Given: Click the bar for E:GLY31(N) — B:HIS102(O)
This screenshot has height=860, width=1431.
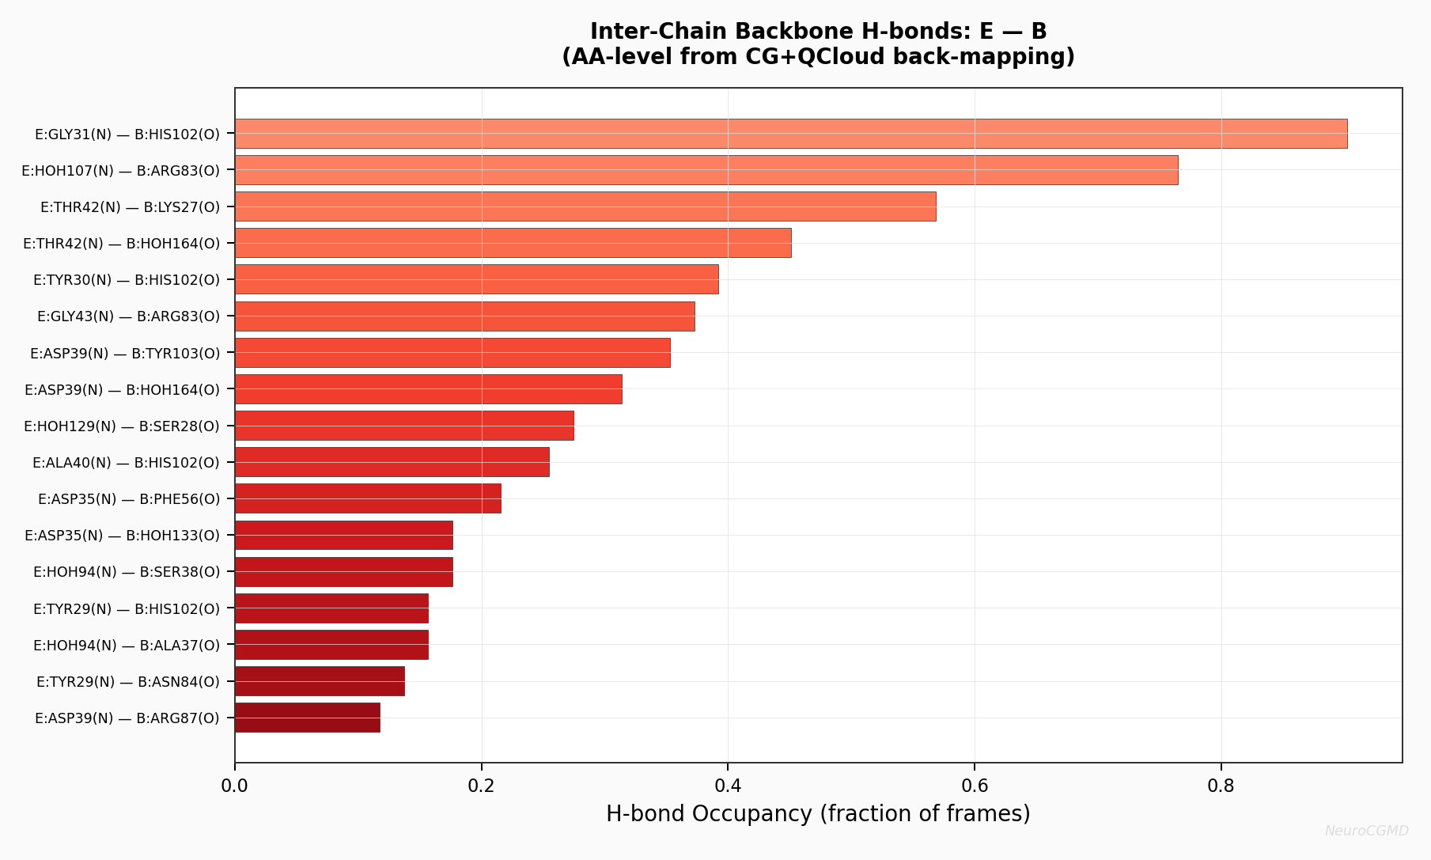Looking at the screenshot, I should (791, 134).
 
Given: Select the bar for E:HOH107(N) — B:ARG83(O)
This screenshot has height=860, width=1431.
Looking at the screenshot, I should (706, 170).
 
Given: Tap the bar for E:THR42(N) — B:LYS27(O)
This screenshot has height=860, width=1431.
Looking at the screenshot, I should (585, 206).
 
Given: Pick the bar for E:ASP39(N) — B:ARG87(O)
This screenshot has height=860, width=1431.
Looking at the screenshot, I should (308, 718).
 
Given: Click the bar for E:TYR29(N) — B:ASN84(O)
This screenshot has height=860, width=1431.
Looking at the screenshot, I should (320, 681).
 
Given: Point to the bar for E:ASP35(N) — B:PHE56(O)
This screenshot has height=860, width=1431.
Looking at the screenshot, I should (368, 498).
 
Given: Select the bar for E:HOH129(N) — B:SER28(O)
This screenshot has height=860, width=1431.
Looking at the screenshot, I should (404, 426).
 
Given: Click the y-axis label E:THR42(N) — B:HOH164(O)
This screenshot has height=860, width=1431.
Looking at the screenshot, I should (122, 244).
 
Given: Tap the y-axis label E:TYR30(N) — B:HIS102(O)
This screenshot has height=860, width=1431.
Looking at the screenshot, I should (127, 280).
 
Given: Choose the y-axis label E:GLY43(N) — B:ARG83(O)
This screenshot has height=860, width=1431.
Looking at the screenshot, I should (128, 316).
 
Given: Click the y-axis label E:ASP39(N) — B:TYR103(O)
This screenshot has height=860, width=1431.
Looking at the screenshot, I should (125, 353).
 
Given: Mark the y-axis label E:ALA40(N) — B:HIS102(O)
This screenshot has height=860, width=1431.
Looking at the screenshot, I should (126, 462).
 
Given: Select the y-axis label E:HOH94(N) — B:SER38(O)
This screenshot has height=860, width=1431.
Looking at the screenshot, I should (127, 572).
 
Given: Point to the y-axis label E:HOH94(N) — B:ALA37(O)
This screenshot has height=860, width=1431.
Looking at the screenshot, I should (127, 645).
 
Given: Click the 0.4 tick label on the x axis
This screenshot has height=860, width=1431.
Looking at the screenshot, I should (728, 786).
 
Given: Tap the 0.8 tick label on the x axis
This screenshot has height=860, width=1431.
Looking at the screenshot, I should (1221, 786).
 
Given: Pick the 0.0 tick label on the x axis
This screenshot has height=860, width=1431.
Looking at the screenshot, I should (235, 786).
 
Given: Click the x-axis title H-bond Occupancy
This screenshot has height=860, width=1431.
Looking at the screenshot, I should (818, 814).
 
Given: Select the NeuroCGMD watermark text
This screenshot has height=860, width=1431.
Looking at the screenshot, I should (1366, 831).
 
